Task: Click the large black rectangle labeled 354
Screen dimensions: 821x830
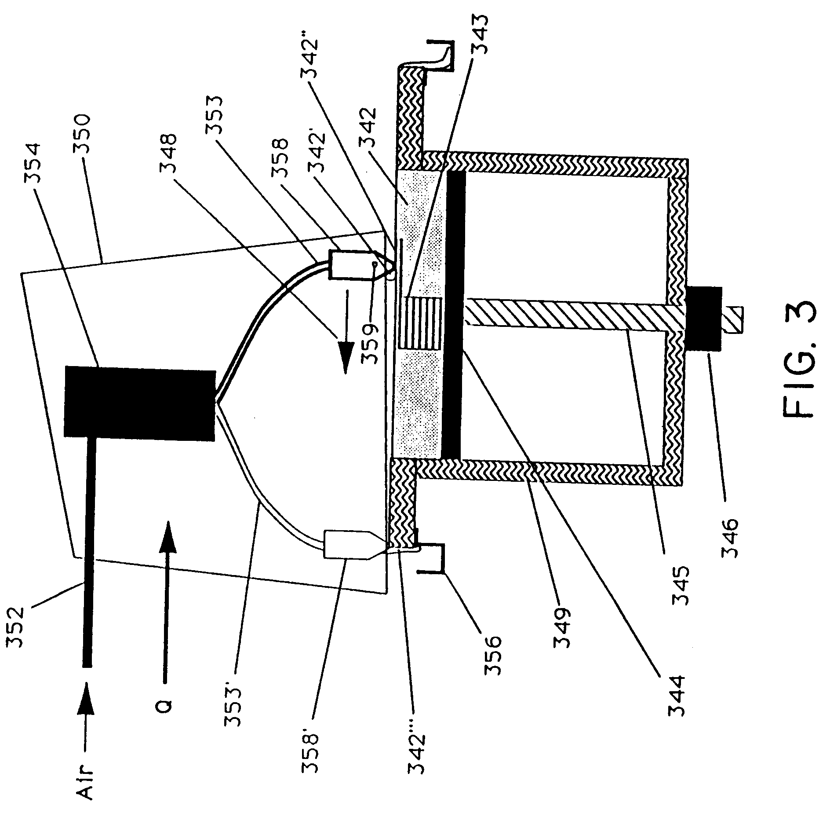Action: click(140, 402)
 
